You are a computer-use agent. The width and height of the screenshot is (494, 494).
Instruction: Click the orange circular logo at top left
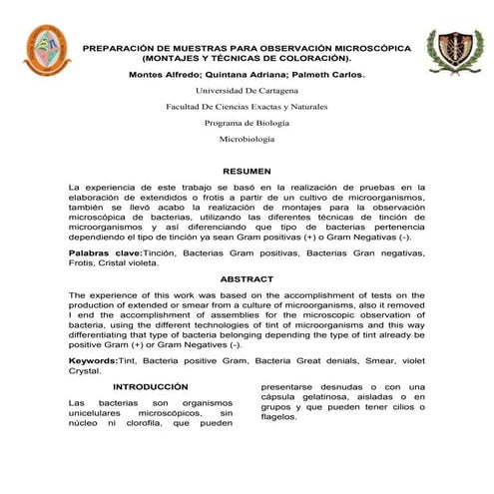tap(46, 51)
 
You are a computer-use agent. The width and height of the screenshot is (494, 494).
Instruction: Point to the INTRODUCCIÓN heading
tap(150, 386)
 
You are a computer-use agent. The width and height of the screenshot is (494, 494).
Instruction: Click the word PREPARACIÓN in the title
tap(122, 47)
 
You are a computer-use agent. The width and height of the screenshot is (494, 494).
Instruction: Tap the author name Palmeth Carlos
tap(326, 74)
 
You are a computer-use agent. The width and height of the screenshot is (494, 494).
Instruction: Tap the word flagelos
tap(279, 418)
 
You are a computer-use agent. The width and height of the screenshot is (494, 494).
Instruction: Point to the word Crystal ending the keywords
tap(86, 369)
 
